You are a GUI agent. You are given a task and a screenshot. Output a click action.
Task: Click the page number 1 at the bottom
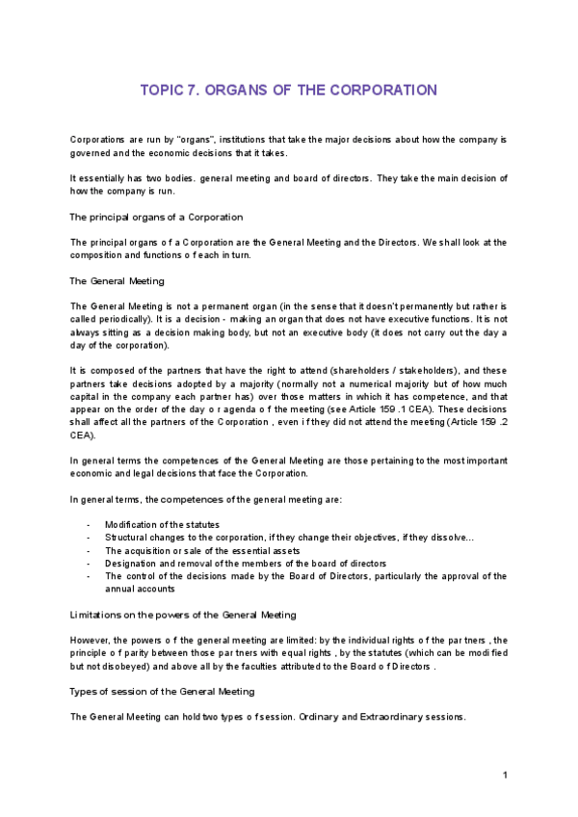[x=505, y=776]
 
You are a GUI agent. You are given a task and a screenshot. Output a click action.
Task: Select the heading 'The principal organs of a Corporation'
[x=157, y=217]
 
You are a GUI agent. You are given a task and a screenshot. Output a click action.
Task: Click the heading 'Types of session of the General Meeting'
[x=163, y=692]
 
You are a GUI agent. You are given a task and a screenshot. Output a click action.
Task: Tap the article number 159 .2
[x=486, y=422]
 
